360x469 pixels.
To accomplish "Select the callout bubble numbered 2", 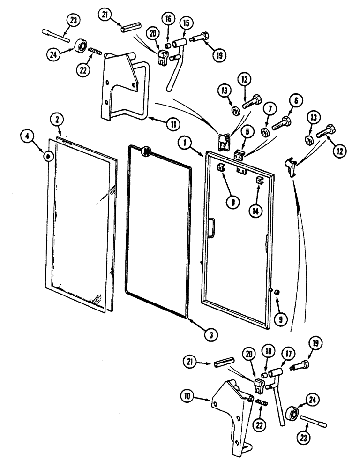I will pos(57,121).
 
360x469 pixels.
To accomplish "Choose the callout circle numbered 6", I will pos(297,101).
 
